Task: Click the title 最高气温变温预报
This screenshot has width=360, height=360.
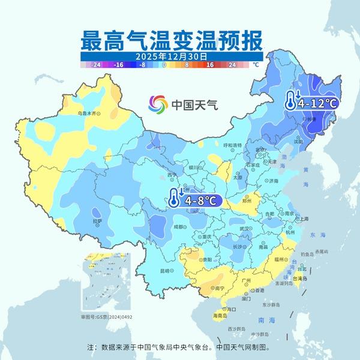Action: coord(171,41)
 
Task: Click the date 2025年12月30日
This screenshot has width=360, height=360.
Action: coord(171,56)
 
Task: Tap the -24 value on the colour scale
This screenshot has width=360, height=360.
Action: coord(95,64)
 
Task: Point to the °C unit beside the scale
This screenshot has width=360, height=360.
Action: coord(255,64)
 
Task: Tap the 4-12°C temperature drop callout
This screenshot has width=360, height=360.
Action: coord(311,103)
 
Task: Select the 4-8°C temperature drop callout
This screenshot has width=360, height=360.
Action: coord(196,199)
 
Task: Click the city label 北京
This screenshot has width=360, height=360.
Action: coord(260,150)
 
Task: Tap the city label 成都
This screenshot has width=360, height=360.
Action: coord(179,227)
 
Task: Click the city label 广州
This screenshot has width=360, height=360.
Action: coord(245,281)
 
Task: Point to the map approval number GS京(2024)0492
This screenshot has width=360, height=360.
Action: coord(106,316)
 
